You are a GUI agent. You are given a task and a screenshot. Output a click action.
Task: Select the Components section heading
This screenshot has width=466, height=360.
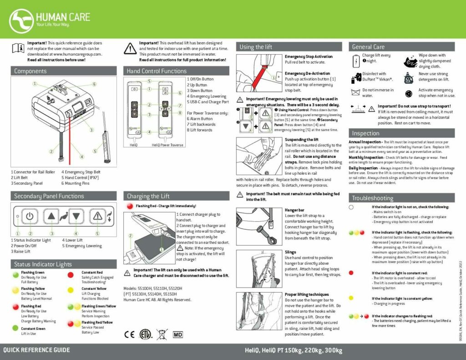[30, 71]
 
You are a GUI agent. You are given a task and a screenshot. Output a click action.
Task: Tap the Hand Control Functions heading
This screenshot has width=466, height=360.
[157, 71]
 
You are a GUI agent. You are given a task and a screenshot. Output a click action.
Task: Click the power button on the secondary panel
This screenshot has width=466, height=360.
[29, 216]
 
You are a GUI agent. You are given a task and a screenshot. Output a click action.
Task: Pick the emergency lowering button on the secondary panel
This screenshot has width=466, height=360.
[97, 216]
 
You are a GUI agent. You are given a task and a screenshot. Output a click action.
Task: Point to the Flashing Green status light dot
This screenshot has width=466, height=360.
[16, 273]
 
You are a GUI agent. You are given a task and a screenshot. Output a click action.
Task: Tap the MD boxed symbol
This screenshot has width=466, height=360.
[179, 335]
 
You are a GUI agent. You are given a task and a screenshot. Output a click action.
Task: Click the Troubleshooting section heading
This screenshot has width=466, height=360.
[372, 198]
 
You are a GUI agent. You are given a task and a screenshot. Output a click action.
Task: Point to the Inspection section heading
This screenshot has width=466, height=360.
[365, 133]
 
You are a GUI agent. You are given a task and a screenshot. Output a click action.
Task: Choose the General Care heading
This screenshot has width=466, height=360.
[368, 47]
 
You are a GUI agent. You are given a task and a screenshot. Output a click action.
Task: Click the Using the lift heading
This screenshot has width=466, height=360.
[256, 47]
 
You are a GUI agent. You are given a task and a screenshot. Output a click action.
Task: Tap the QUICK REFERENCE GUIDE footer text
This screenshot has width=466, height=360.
[36, 350]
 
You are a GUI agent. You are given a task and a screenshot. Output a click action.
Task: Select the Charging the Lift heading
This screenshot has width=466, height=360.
[148, 196]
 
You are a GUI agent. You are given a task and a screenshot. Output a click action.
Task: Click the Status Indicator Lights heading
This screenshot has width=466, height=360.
[42, 264]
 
